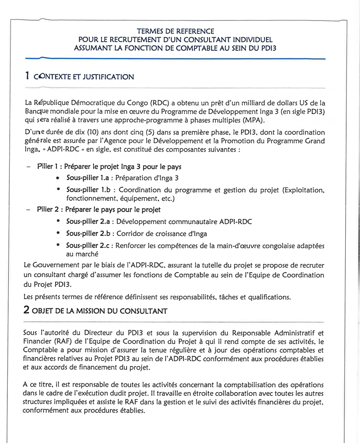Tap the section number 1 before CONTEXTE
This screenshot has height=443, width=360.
pyautogui.click(x=27, y=76)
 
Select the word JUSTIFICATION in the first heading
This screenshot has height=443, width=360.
pyautogui.click(x=107, y=77)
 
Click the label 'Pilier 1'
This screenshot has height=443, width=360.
pyautogui.click(x=49, y=167)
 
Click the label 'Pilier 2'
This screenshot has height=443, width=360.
pyautogui.click(x=50, y=210)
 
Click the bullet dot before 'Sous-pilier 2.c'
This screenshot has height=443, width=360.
pyautogui.click(x=58, y=246)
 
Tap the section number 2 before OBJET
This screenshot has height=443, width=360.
pyautogui.click(x=27, y=310)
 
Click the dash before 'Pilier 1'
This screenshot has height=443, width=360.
pyautogui.click(x=28, y=167)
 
